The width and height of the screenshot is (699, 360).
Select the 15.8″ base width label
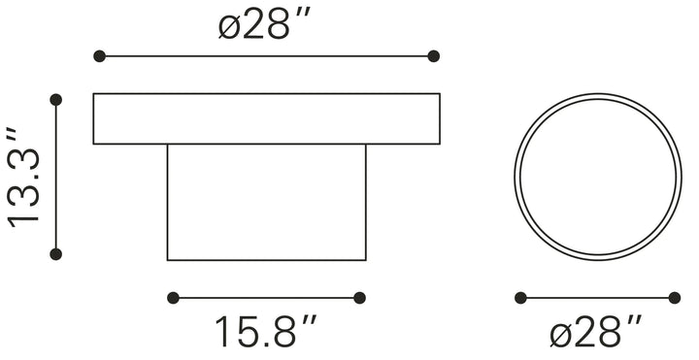pos(264,333)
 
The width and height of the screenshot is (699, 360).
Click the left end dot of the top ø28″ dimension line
pos(99,57)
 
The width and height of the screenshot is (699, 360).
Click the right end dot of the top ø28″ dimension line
pos(434,57)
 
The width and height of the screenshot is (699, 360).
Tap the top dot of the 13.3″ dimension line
pos(55,99)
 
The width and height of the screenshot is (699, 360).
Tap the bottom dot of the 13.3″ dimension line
pos(55,254)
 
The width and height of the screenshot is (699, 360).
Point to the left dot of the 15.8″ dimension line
pos(173,298)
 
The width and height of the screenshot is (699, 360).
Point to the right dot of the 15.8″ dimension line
pos(359,298)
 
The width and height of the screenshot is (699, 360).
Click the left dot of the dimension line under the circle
pos(520,298)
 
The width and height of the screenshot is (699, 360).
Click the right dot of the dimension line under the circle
pos(675,298)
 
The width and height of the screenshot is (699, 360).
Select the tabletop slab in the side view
pos(267,118)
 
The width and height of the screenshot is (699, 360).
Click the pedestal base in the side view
pos(267,202)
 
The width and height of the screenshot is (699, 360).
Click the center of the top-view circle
pos(597,177)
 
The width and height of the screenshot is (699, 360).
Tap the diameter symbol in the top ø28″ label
pos(229,26)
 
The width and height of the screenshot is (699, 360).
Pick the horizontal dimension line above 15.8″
pos(266,298)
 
